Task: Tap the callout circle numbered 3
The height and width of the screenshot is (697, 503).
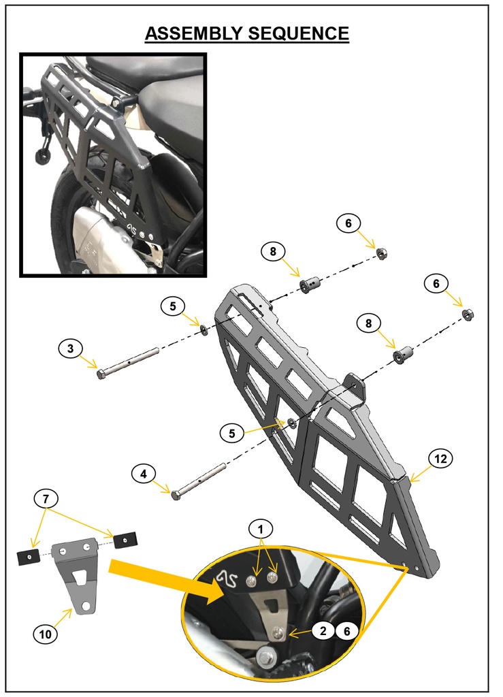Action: tap(70, 349)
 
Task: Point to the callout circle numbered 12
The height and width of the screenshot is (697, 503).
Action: tap(440, 459)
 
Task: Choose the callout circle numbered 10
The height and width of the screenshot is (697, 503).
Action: tap(44, 634)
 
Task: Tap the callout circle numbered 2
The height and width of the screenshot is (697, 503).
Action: tap(323, 631)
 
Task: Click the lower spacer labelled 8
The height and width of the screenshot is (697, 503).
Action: tap(402, 355)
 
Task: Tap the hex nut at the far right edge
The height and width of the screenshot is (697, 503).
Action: tap(468, 314)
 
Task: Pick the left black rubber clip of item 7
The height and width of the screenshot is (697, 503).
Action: tap(27, 557)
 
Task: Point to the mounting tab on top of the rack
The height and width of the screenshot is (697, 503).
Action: tap(355, 386)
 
